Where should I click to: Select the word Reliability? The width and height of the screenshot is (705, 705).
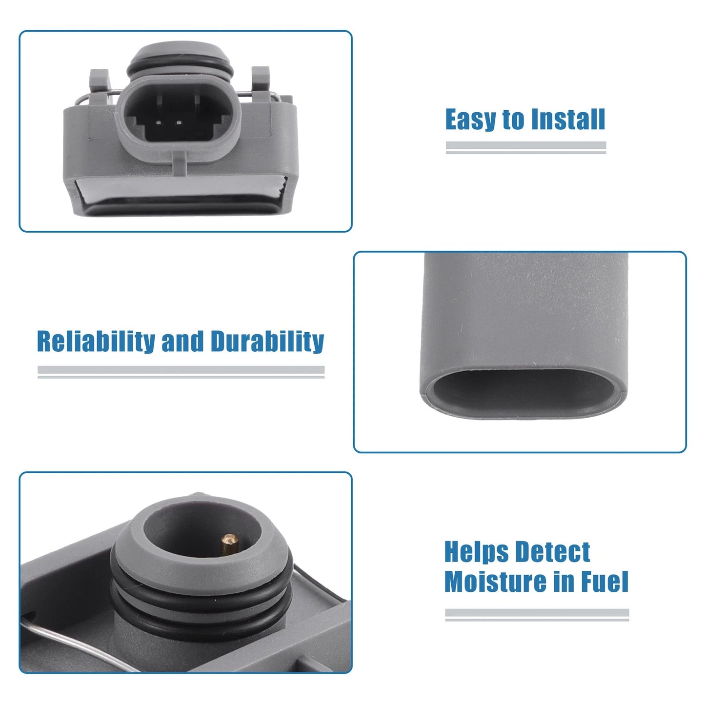pos(96,342)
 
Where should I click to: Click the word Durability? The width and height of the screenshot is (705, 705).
pos(267,342)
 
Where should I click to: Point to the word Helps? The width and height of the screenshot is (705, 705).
pos(476,554)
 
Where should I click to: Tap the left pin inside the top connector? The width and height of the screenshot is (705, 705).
pos(159,122)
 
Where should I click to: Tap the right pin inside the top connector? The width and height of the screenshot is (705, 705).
pos(179,122)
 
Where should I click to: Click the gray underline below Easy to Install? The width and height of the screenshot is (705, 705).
pos(526,147)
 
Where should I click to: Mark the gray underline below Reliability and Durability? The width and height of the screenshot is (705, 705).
pos(181,372)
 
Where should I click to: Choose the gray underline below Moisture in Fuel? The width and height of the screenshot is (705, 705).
pos(537,615)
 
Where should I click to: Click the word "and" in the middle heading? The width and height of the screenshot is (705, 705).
pos(182,342)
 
